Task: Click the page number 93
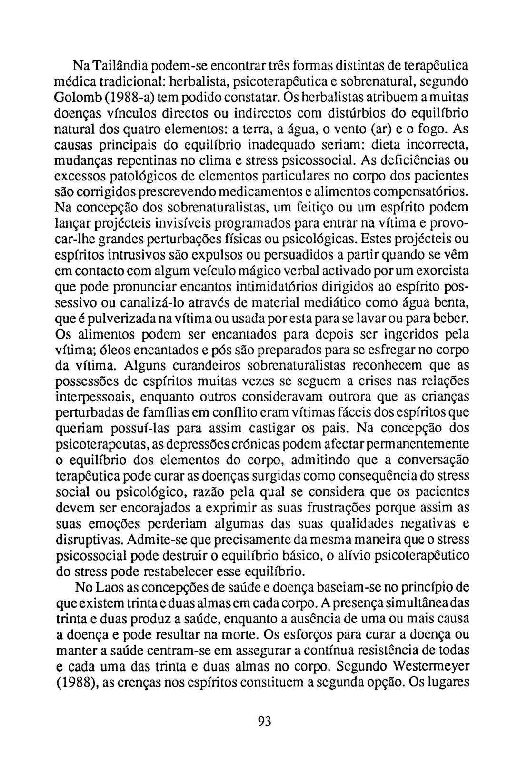tap(264, 722)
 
